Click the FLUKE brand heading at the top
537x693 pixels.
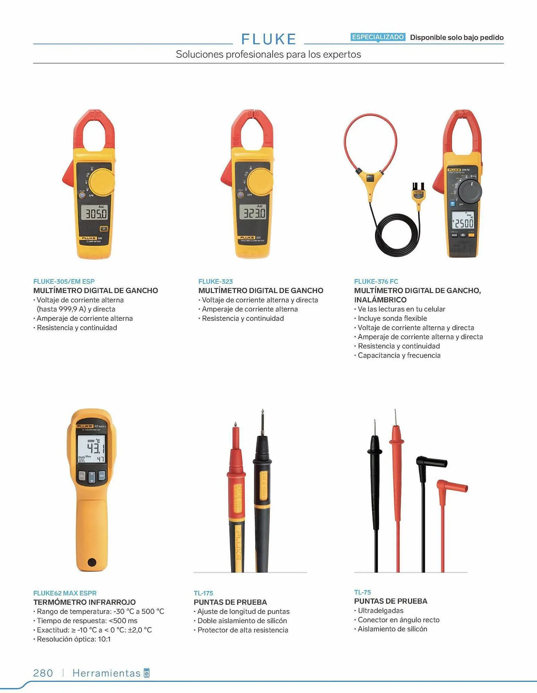268,39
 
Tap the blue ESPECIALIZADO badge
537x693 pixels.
378,37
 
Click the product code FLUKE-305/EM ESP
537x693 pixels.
64,281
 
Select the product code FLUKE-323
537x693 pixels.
215,281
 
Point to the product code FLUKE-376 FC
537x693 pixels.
376,281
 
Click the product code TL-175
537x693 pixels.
203,593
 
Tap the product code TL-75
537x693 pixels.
363,592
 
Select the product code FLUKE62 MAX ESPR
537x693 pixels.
65,593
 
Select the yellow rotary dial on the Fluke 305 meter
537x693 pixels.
102,182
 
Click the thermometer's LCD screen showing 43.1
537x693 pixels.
91,449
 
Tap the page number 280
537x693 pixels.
43,673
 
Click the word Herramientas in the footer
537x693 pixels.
106,673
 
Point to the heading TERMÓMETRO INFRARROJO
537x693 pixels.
85,602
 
